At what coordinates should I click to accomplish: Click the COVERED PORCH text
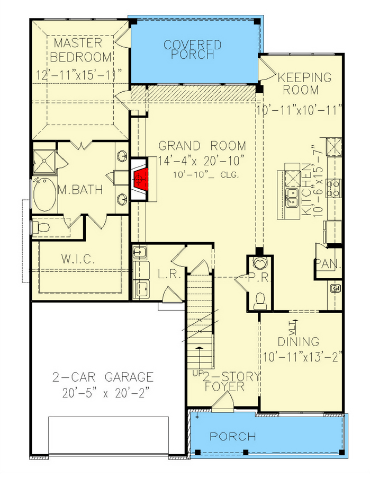(192, 49)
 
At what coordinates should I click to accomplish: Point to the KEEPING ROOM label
(305, 83)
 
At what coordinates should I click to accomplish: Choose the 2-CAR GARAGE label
(103, 377)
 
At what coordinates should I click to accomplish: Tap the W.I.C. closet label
(77, 260)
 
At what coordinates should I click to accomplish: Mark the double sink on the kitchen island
(292, 197)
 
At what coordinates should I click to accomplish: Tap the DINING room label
(299, 342)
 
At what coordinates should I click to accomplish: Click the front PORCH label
(233, 437)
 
